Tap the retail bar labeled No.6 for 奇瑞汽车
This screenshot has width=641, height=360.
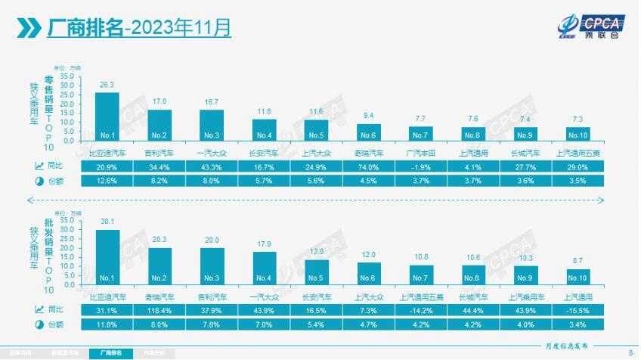click(369, 132)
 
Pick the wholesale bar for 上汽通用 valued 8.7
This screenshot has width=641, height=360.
click(579, 281)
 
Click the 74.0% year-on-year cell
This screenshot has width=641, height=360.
click(369, 166)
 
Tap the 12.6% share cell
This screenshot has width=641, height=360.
click(107, 181)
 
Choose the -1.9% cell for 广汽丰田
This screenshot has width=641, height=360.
click(422, 166)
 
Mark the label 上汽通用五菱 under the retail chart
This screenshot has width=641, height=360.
click(579, 153)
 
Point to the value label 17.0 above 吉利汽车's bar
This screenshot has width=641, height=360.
click(159, 101)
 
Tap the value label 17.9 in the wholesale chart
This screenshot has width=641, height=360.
click(265, 244)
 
